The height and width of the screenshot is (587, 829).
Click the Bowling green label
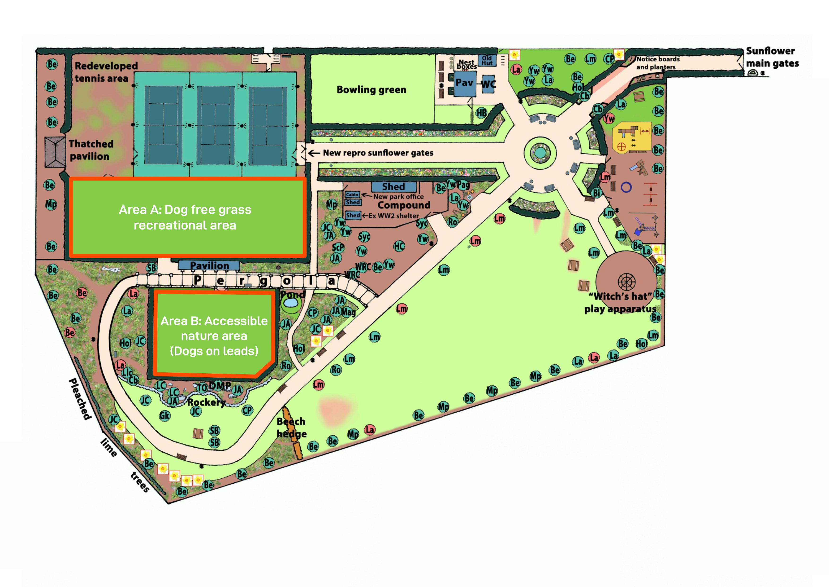click(x=371, y=90)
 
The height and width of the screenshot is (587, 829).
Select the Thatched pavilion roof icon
click(x=55, y=152)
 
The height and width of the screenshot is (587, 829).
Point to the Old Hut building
click(x=487, y=60)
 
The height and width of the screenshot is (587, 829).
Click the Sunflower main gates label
click(x=772, y=57)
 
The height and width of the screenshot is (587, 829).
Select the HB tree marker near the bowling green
click(x=481, y=113)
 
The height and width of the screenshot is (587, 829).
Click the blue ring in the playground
click(x=626, y=187)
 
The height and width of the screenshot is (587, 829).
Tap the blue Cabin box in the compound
click(x=352, y=194)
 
